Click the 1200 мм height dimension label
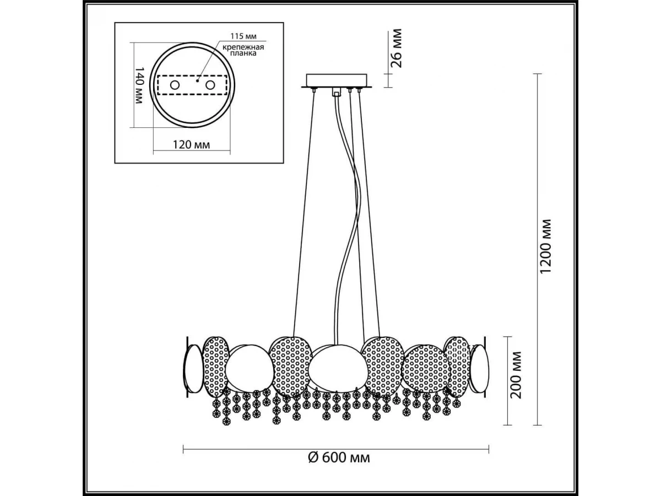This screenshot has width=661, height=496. (x=545, y=246)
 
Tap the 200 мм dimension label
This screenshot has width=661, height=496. (x=516, y=375)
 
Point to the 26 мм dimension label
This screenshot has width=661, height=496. (x=395, y=48)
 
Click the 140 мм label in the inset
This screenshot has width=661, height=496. (x=139, y=85)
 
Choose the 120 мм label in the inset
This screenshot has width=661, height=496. (x=191, y=145)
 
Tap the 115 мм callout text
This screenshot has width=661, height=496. (x=243, y=36)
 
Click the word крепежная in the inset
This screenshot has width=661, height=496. (x=243, y=47)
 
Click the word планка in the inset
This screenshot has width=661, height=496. (x=243, y=53)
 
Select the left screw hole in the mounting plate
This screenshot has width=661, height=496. (x=175, y=85)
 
